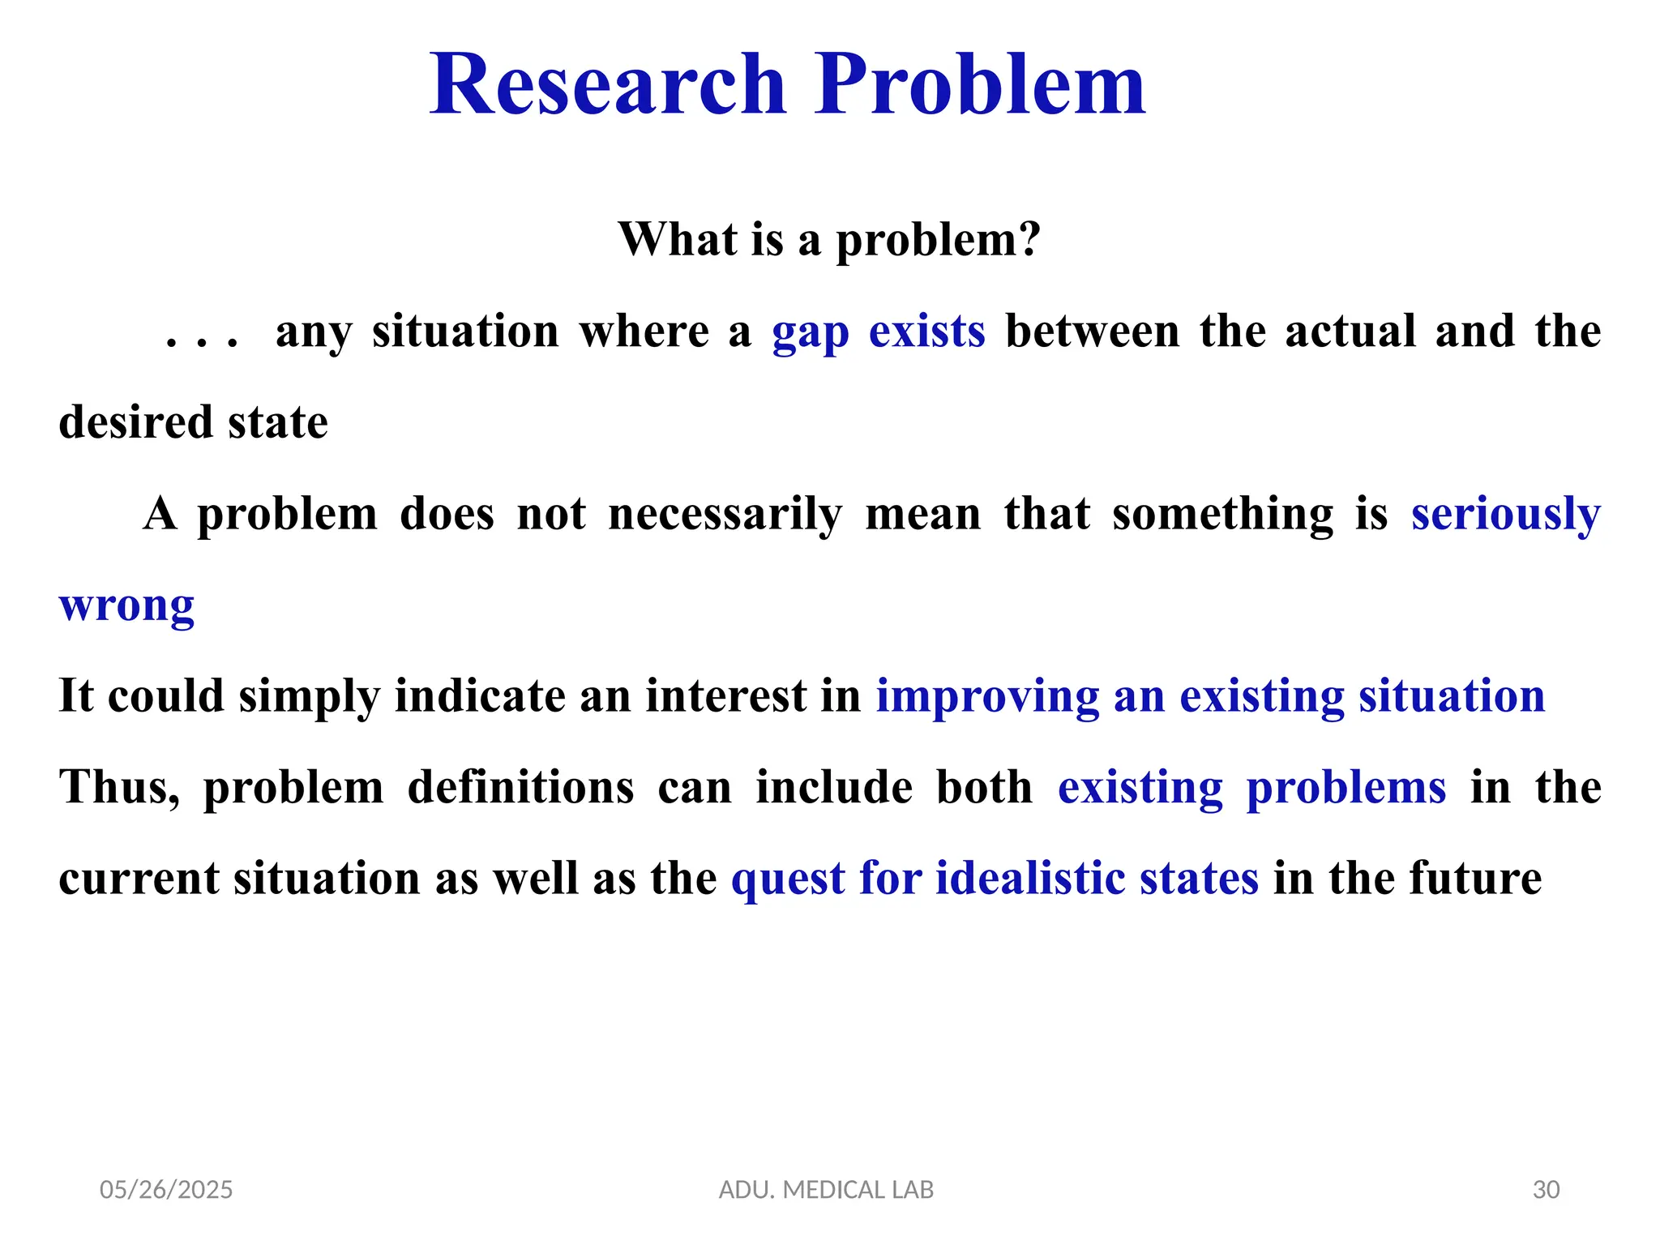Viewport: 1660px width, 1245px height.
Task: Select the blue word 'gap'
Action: tap(810, 332)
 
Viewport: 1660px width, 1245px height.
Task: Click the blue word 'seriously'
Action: tap(1505, 514)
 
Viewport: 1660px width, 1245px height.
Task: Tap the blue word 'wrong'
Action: tap(126, 606)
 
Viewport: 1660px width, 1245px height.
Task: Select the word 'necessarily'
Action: tap(725, 514)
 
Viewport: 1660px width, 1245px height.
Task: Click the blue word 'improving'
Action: tap(987, 697)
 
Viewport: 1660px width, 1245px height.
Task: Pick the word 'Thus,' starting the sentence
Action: tap(119, 788)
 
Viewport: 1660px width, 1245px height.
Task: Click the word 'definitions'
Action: tap(520, 788)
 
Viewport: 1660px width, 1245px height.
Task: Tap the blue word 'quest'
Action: tap(788, 879)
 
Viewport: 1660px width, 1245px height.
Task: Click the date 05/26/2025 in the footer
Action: tap(166, 1190)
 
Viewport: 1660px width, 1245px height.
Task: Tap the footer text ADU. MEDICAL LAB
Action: tap(826, 1190)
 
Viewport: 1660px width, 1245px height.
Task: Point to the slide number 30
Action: tap(1546, 1190)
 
